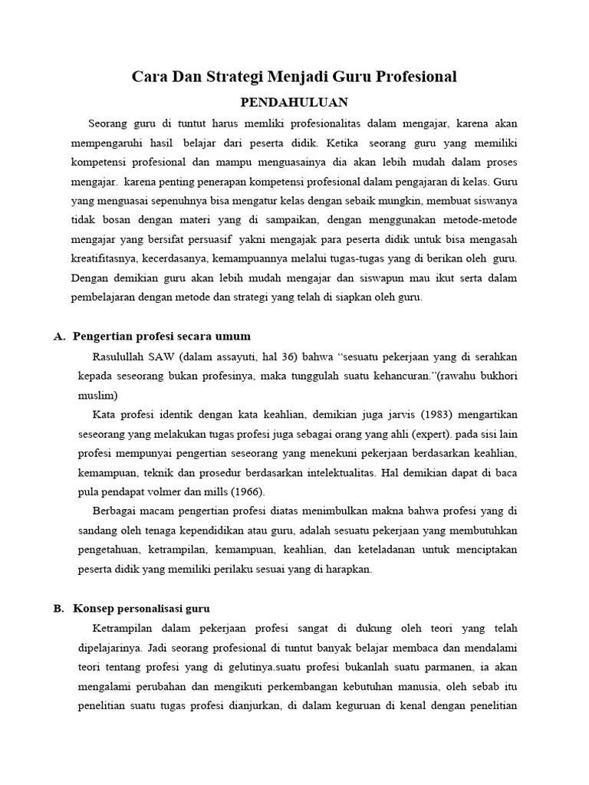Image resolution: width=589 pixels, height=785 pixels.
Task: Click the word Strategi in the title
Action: pyautogui.click(x=229, y=77)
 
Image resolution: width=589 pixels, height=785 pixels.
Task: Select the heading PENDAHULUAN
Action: pyautogui.click(x=295, y=102)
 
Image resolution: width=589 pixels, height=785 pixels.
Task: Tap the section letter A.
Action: pyautogui.click(x=58, y=336)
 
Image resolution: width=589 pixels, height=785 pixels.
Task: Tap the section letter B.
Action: pyautogui.click(x=58, y=608)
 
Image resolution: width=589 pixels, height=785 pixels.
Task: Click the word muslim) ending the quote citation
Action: pyautogui.click(x=98, y=396)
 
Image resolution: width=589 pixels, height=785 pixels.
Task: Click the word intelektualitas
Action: pyautogui.click(x=331, y=472)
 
